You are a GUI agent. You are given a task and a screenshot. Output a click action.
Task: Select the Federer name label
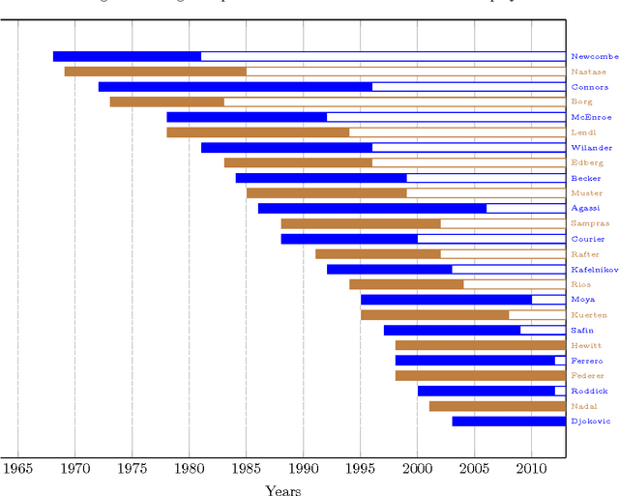(x=588, y=375)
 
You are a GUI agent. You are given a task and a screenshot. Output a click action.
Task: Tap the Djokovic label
(x=589, y=422)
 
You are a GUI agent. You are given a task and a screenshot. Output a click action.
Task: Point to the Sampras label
(x=589, y=223)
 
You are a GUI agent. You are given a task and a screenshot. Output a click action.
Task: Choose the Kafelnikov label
(x=594, y=270)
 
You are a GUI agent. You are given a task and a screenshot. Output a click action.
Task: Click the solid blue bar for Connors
(x=235, y=87)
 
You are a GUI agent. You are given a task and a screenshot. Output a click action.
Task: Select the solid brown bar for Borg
(x=166, y=102)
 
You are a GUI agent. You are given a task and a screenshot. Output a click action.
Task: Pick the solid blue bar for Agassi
(x=372, y=208)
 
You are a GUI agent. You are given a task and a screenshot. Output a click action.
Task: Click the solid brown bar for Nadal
(x=497, y=406)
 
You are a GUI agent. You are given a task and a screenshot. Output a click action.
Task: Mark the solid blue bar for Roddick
(x=486, y=391)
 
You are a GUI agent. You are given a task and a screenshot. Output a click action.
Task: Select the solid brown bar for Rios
(x=406, y=284)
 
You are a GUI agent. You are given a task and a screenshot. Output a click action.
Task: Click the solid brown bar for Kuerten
(x=435, y=314)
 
